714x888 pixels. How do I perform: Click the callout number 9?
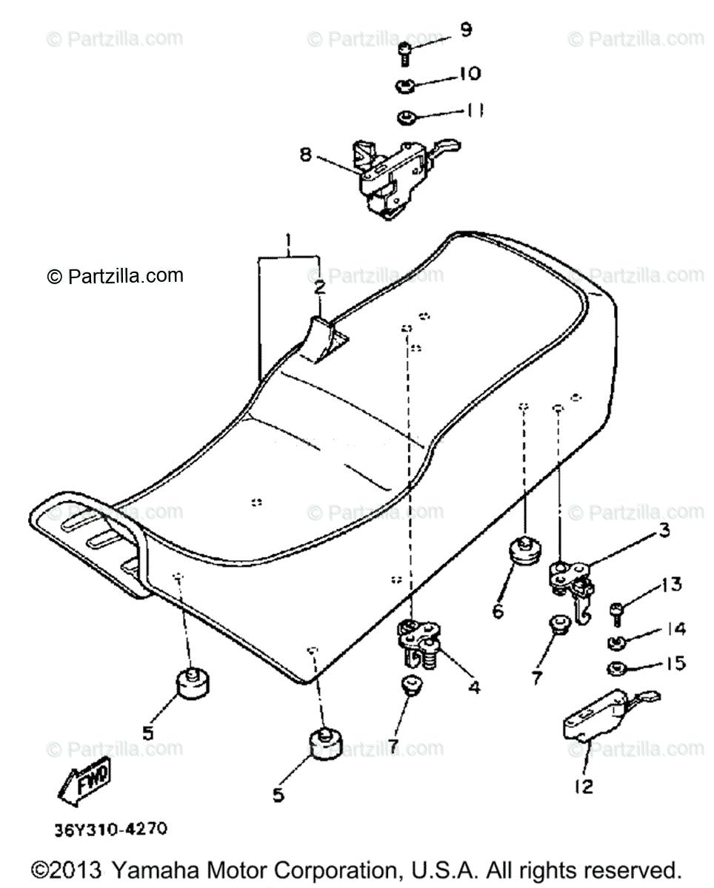[465, 30]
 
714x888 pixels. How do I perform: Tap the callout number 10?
[469, 73]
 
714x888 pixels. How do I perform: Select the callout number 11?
[474, 111]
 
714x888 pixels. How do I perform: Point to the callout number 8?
[305, 155]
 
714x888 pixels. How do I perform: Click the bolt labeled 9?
[404, 53]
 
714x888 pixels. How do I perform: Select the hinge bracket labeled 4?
[420, 639]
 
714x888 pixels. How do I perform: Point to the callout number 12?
[584, 786]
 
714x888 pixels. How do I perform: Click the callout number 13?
[671, 585]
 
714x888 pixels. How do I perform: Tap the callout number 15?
[676, 664]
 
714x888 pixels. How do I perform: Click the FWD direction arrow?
[84, 781]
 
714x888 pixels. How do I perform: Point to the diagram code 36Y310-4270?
[110, 830]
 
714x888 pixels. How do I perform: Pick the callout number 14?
[675, 629]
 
